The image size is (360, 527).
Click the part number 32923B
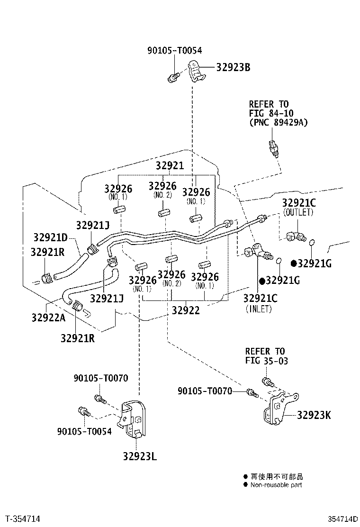click(x=233, y=67)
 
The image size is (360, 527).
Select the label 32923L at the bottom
click(x=140, y=456)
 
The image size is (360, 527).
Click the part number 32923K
click(x=314, y=416)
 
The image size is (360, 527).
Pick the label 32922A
click(x=48, y=317)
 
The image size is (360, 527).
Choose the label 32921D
click(x=50, y=237)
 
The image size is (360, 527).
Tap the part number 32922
click(x=186, y=310)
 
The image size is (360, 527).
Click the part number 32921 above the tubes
click(x=170, y=165)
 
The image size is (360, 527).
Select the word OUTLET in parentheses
click(x=298, y=212)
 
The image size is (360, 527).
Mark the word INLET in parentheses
click(x=259, y=309)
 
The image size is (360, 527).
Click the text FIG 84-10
click(x=271, y=113)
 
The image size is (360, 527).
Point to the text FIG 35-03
click(x=267, y=361)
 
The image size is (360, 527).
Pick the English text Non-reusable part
click(x=276, y=485)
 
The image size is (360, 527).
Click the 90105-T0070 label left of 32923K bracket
click(x=205, y=391)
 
